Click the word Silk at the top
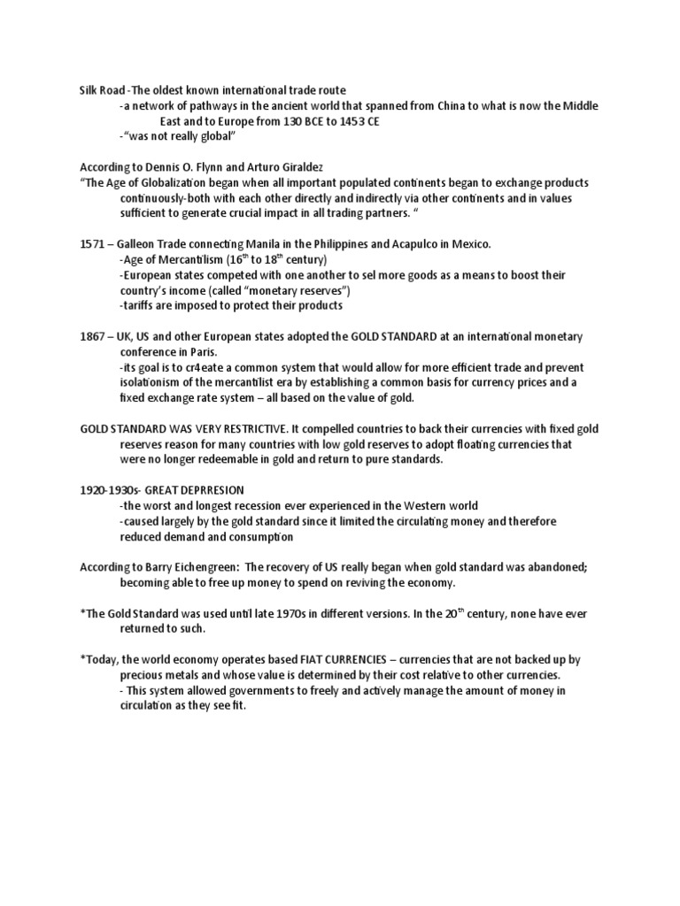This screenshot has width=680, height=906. point(89,89)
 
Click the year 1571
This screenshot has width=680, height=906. point(93,243)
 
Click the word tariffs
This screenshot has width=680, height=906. point(140,305)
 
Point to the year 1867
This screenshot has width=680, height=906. point(93,336)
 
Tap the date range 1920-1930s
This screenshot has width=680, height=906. point(110,489)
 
